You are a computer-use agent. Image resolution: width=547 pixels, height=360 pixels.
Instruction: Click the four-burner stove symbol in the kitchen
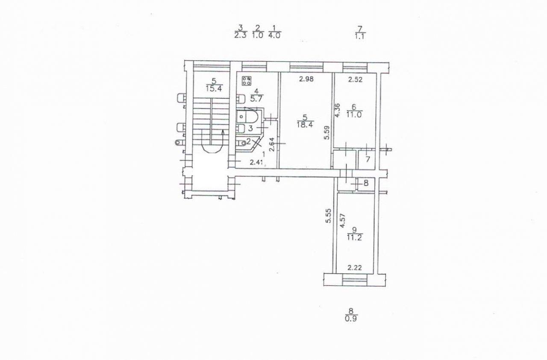(x=247, y=81)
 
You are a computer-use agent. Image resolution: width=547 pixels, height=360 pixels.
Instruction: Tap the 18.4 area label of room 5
(x=306, y=125)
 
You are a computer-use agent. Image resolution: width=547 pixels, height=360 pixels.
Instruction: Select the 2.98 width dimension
(x=306, y=79)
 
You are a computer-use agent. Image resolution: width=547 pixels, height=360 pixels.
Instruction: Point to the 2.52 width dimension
(x=355, y=79)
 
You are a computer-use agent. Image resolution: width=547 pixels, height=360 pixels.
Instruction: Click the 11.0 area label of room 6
(x=354, y=114)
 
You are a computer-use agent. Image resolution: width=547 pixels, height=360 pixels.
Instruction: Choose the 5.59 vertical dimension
(x=327, y=132)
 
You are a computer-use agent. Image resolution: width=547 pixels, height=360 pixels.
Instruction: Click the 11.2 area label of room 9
(x=355, y=237)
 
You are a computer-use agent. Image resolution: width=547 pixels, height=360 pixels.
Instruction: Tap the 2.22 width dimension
(x=355, y=268)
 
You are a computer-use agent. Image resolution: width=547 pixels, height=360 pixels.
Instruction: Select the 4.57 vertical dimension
(x=343, y=220)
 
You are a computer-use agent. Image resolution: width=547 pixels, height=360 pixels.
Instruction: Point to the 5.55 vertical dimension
(x=329, y=216)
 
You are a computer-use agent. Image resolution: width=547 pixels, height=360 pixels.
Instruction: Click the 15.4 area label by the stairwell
(x=214, y=88)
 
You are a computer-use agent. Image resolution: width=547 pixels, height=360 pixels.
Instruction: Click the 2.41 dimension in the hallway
(x=257, y=162)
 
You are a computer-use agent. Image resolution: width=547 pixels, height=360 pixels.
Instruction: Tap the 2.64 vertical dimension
(x=272, y=145)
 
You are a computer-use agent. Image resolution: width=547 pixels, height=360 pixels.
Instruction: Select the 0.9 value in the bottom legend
(x=351, y=319)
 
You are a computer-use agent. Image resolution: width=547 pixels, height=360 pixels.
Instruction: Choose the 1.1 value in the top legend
(x=360, y=36)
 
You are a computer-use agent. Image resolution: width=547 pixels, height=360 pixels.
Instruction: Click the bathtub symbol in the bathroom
(x=247, y=117)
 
